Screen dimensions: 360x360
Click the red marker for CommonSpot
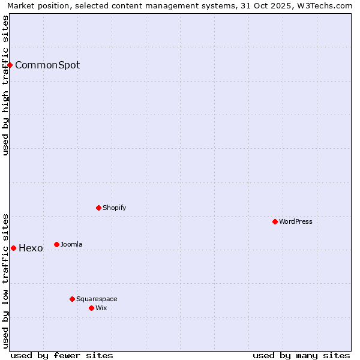pyautogui.click(x=10, y=65)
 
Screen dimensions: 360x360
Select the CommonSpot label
pyautogui.click(x=47, y=65)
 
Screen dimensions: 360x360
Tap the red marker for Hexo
pyautogui.click(x=13, y=248)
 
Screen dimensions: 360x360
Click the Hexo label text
pyautogui.click(x=31, y=248)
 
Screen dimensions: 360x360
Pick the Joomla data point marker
pyautogui.click(x=56, y=244)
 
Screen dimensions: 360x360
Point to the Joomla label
pyautogui.click(x=71, y=245)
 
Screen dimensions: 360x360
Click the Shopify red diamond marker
pyautogui.click(x=98, y=208)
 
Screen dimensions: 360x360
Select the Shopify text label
pyautogui.click(x=115, y=208)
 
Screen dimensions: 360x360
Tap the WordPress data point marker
pyautogui.click(x=275, y=221)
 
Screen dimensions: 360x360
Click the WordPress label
pyautogui.click(x=296, y=222)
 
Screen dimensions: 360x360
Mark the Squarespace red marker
pyautogui.click(x=72, y=299)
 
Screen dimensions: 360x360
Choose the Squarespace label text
pyautogui.click(x=97, y=299)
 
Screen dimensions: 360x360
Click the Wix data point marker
pyautogui.click(x=91, y=308)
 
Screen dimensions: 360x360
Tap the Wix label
pyautogui.click(x=101, y=308)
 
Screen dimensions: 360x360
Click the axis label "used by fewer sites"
pyautogui.click(x=62, y=355)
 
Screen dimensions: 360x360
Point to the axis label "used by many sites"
pyautogui.click(x=301, y=355)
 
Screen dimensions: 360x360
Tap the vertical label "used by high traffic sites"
pyautogui.click(x=6, y=85)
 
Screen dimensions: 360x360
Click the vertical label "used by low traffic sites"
pyautogui.click(x=6, y=280)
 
